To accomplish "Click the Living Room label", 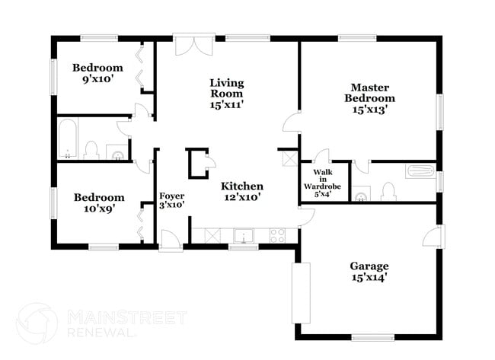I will click(226, 94).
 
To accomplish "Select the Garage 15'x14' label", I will click(369, 272).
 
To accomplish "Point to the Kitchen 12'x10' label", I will click(242, 192).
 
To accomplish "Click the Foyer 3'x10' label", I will click(171, 201).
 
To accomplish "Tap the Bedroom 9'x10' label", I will click(97, 73).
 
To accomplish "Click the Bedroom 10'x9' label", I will click(98, 203).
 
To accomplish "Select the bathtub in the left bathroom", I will click(67, 139).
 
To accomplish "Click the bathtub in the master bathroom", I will click(420, 171).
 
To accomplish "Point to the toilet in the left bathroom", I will click(91, 149).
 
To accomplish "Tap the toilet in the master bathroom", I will click(388, 190).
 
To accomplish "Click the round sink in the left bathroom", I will click(117, 155).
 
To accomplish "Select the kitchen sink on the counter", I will click(244, 234).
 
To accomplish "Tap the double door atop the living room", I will click(187, 44).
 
